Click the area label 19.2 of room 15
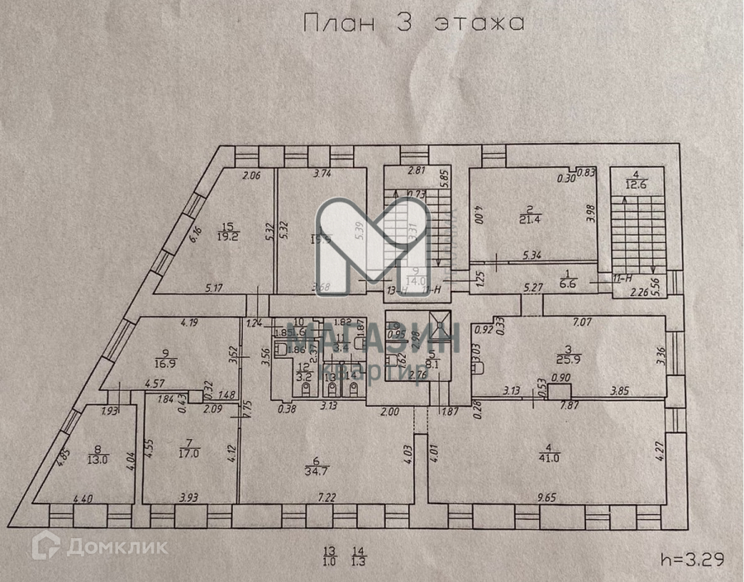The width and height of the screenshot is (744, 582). [x=229, y=235]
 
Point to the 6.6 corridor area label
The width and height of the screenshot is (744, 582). [x=568, y=283]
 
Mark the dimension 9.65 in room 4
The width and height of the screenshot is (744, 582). [x=546, y=498]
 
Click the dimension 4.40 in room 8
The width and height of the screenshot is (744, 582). [x=83, y=498]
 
